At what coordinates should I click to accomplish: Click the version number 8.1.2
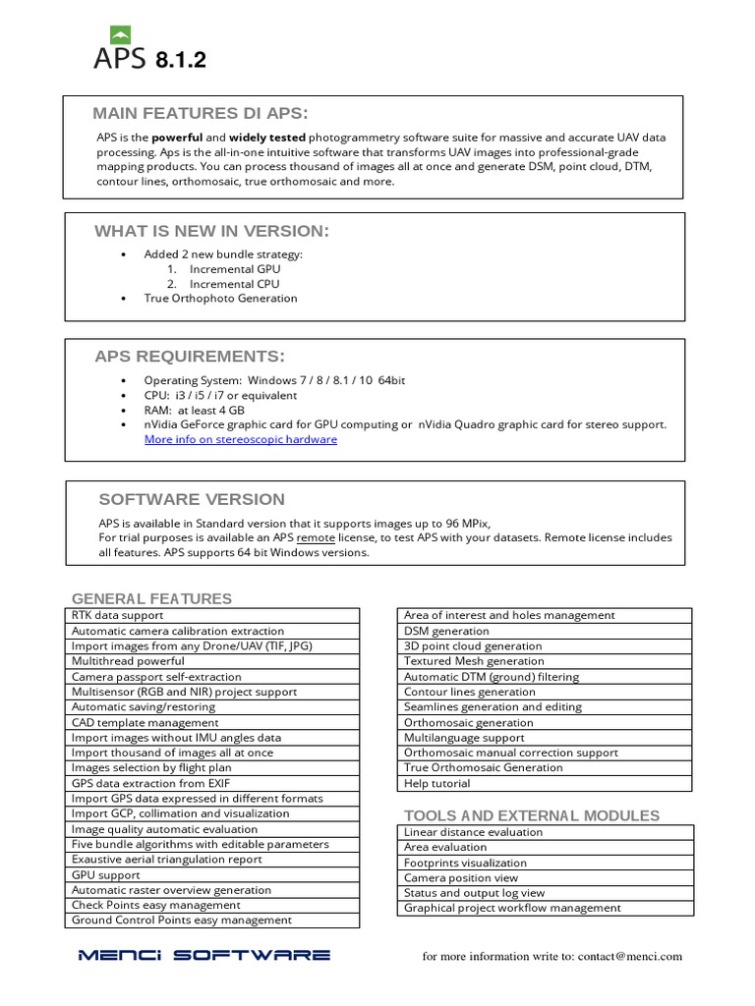point(181,62)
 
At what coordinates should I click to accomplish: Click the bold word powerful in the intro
point(178,138)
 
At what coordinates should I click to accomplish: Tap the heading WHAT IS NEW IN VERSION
point(211,231)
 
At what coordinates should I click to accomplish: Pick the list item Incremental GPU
point(235,268)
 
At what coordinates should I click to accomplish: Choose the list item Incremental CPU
point(235,283)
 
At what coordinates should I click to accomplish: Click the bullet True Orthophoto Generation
point(220,298)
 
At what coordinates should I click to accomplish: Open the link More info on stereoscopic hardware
point(240,439)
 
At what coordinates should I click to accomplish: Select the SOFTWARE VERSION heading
point(192,499)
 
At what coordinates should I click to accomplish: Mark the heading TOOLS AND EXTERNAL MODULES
point(532,815)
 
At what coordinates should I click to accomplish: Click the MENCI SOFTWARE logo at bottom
point(204,955)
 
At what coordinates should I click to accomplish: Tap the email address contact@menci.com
point(629,956)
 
